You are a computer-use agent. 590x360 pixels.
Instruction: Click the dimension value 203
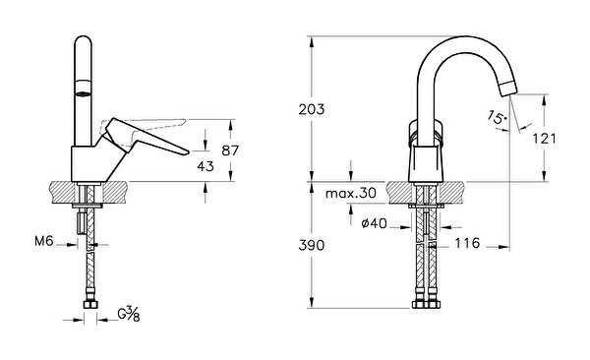(312, 110)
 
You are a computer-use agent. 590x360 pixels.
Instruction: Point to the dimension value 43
(206, 166)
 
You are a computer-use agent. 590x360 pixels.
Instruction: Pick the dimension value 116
(468, 243)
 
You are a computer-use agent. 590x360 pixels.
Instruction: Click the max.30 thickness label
(351, 194)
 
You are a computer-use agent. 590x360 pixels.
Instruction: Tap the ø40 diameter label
(374, 224)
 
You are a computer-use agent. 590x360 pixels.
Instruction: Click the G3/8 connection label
(127, 315)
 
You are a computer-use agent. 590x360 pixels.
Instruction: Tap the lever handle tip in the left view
(184, 150)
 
